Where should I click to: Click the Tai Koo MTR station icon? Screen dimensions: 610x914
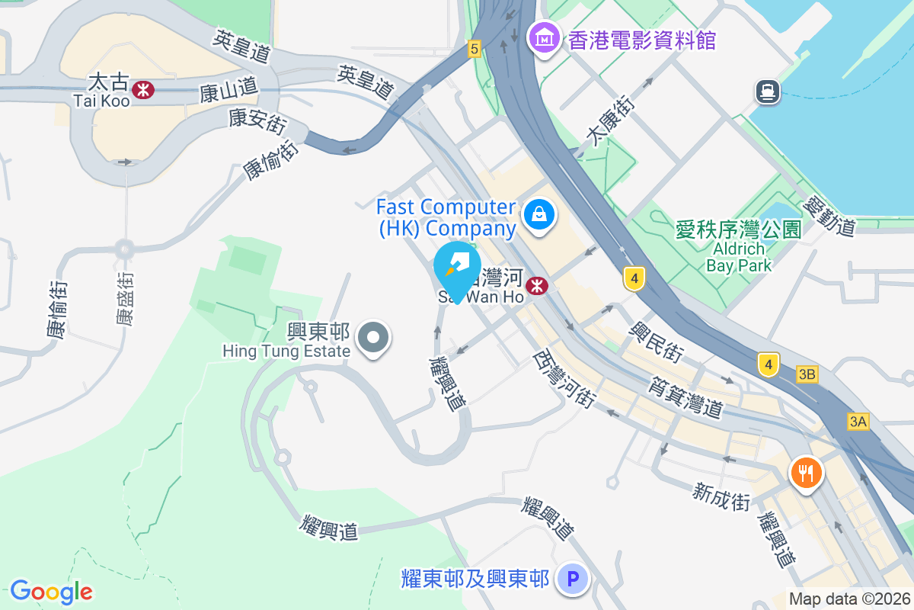click(142, 90)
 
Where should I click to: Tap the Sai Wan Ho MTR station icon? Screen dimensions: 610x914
click(538, 285)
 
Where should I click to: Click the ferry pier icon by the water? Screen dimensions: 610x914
click(767, 92)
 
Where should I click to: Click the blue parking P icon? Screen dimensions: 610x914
click(572, 579)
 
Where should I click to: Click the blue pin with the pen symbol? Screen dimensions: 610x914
click(457, 268)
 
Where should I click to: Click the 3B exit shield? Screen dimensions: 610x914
click(807, 374)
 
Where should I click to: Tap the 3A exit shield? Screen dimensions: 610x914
click(858, 422)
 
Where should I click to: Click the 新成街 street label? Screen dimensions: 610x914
click(721, 496)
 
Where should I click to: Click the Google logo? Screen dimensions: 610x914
click(51, 591)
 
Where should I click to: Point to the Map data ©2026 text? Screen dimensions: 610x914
click(849, 599)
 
